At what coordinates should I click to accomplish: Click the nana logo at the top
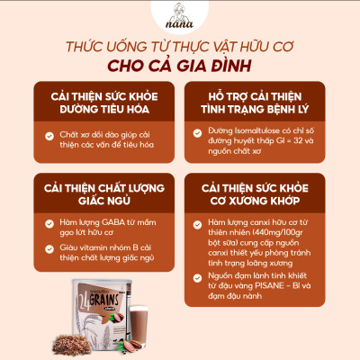pyautogui.click(x=180, y=20)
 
